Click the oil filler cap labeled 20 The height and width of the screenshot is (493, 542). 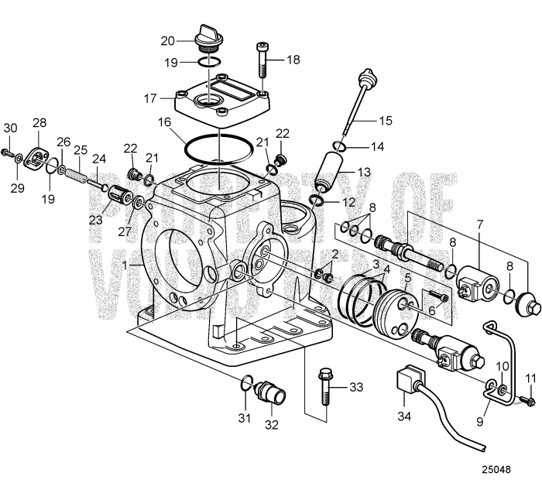(x=208, y=35)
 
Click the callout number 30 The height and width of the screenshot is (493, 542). (x=10, y=128)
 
